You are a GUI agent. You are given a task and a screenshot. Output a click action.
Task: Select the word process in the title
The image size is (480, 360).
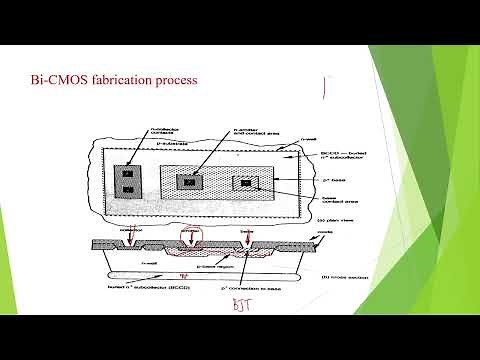click(180, 78)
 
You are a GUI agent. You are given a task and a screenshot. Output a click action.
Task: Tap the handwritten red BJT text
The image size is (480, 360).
click(241, 305)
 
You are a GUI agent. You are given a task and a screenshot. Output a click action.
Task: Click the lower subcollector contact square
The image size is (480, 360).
click(128, 187)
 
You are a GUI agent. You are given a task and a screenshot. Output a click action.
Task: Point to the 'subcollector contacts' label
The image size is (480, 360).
click(130, 133)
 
